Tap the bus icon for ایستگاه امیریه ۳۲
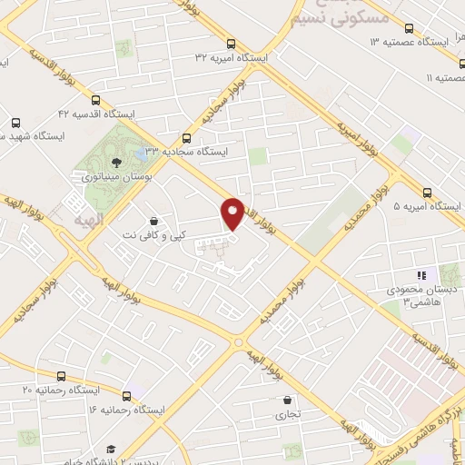coord(232,43)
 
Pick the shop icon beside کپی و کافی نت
coord(154,220)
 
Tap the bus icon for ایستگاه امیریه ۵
coord(440,193)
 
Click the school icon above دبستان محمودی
coord(420,274)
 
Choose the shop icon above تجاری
coord(288,400)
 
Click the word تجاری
coord(287,414)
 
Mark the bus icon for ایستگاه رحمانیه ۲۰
coord(61,375)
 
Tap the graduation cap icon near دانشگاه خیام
coord(111,449)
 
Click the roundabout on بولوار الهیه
coord(238,344)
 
